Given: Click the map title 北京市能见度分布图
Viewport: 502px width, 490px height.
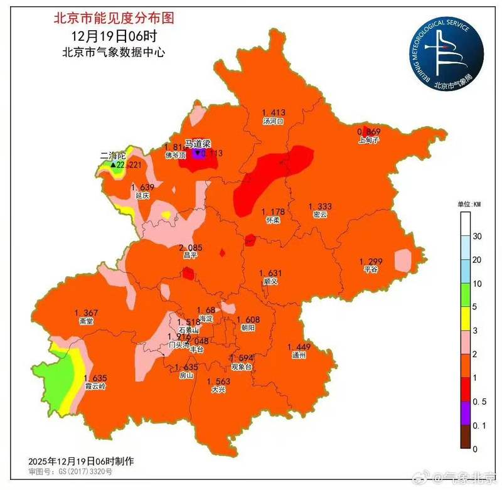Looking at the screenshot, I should coord(112,18).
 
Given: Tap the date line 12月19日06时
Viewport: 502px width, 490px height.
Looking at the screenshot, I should coord(113,36).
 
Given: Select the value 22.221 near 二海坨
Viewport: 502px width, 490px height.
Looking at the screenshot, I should coord(129,164).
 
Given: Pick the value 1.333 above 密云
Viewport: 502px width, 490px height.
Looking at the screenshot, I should coord(320,206).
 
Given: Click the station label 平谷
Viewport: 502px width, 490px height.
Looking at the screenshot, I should coord(371,270).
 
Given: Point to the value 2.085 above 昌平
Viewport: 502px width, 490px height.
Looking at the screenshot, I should coord(190,247).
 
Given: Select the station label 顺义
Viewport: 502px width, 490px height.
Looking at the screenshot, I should coord(270,282).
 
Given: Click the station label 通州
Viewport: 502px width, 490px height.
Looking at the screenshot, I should coord(299,355).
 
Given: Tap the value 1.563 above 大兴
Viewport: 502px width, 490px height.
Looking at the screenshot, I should coord(218,381).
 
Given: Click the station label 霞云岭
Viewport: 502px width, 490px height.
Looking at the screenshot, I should coord(95,386).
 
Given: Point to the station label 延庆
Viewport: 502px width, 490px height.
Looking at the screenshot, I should coord(142,196).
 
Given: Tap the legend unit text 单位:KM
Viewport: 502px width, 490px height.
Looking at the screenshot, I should coord(469,204).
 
